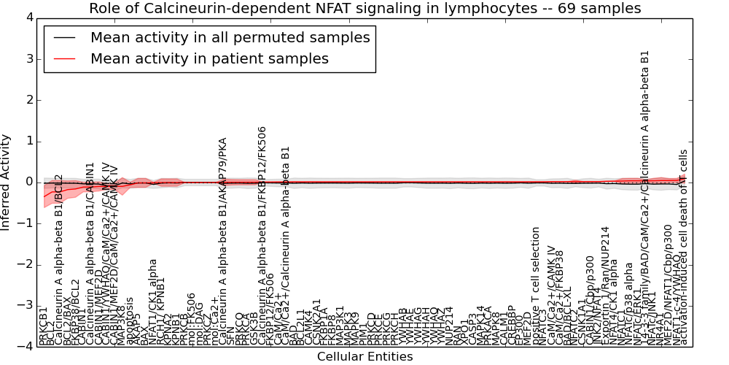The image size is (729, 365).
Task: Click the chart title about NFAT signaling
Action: [364, 9]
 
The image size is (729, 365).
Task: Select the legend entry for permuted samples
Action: [230, 38]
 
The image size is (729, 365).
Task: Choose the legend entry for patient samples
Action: [209, 58]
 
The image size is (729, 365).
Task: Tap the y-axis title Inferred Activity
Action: [6, 182]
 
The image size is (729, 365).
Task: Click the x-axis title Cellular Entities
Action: [364, 356]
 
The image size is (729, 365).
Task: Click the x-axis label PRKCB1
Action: [44, 326]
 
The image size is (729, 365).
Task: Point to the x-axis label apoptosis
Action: [130, 320]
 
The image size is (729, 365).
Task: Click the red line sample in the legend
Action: [66, 58]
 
